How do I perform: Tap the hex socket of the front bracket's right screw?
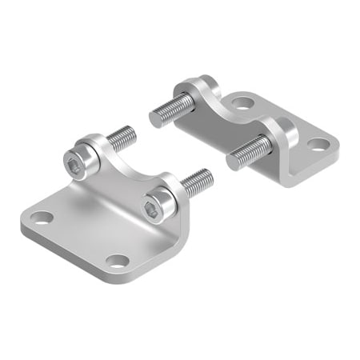(152, 210)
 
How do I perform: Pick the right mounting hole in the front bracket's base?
(118, 261)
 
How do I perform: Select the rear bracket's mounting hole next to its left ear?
(242, 102)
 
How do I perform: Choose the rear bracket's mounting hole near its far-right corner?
(318, 145)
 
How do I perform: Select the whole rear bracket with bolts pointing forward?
(248, 128)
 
